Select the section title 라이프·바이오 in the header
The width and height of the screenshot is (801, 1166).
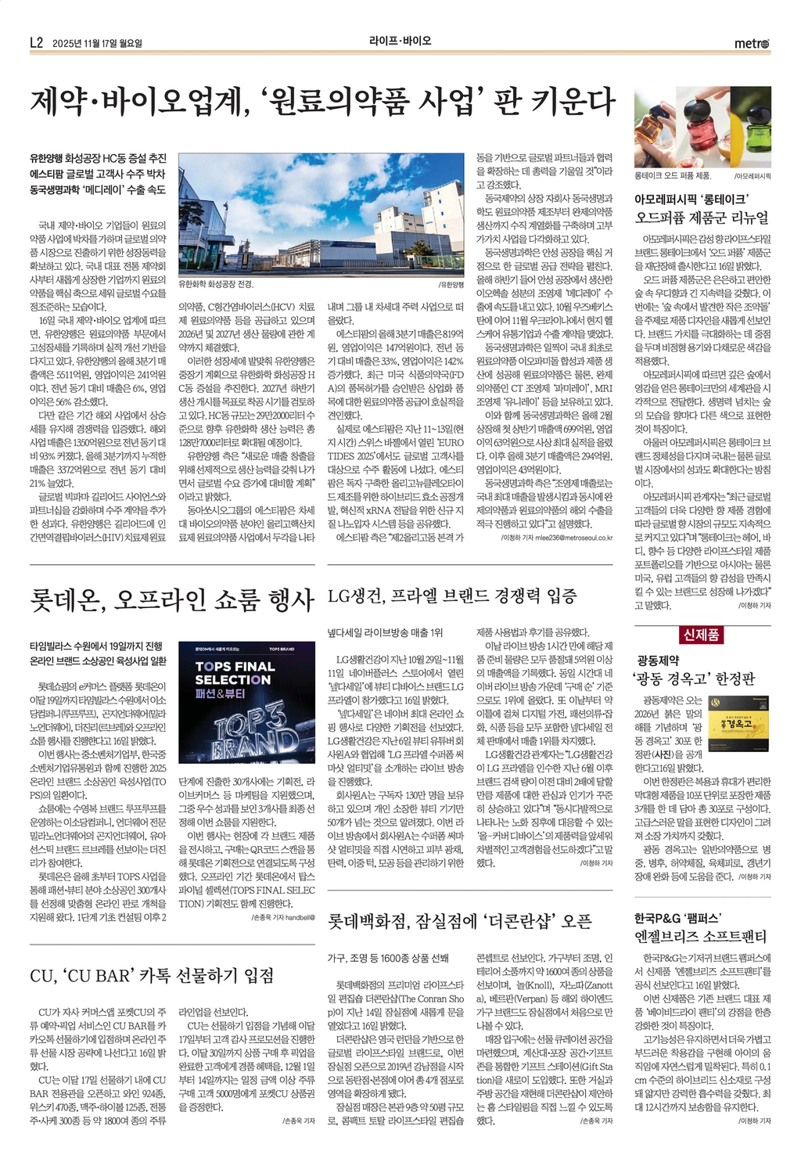tap(400, 41)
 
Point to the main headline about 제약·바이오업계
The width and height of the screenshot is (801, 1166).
tap(322, 102)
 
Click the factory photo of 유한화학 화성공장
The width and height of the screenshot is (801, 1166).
tap(322, 215)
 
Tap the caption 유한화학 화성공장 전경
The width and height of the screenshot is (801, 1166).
tap(216, 285)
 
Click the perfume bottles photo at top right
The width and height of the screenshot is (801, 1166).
tap(702, 128)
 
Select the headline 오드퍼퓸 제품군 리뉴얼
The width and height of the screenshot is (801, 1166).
tap(702, 218)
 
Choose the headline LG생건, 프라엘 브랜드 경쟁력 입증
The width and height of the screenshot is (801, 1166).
tap(452, 597)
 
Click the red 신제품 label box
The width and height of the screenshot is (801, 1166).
tap(702, 635)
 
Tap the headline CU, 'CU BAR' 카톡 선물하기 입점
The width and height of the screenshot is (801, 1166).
tap(152, 975)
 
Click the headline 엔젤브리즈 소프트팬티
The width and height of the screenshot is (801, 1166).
tap(701, 936)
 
